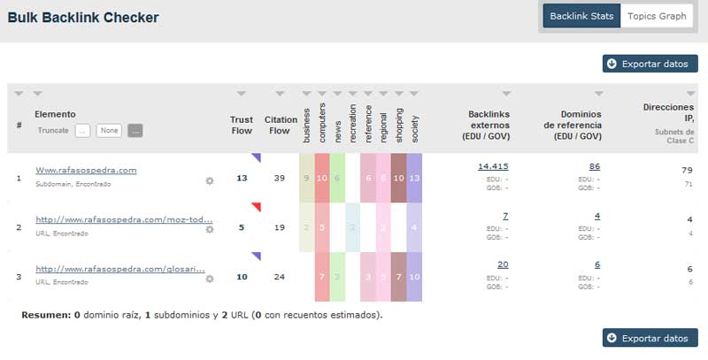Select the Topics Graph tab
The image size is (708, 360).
pyautogui.click(x=656, y=16)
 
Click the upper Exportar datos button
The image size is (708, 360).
pyautogui.click(x=650, y=64)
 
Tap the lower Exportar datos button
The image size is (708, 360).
pyautogui.click(x=650, y=338)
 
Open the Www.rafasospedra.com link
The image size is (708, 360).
pyautogui.click(x=86, y=170)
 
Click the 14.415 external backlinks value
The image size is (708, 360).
pyautogui.click(x=493, y=166)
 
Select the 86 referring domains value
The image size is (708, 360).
pyautogui.click(x=594, y=166)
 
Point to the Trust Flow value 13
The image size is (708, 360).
pyautogui.click(x=242, y=178)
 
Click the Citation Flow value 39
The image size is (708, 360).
pyautogui.click(x=280, y=178)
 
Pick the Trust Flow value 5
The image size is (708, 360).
pyautogui.click(x=242, y=227)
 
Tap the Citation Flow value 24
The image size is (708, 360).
pyautogui.click(x=280, y=276)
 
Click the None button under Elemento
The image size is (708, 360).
pyautogui.click(x=110, y=131)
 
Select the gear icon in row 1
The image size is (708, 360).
pyautogui.click(x=210, y=180)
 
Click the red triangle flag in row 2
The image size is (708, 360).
pyautogui.click(x=256, y=207)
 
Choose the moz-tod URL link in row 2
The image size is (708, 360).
pyautogui.click(x=124, y=218)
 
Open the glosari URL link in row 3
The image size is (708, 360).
pyautogui.click(x=120, y=268)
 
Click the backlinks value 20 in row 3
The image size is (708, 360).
pyautogui.click(x=503, y=264)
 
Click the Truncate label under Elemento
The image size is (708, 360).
pyautogui.click(x=53, y=131)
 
